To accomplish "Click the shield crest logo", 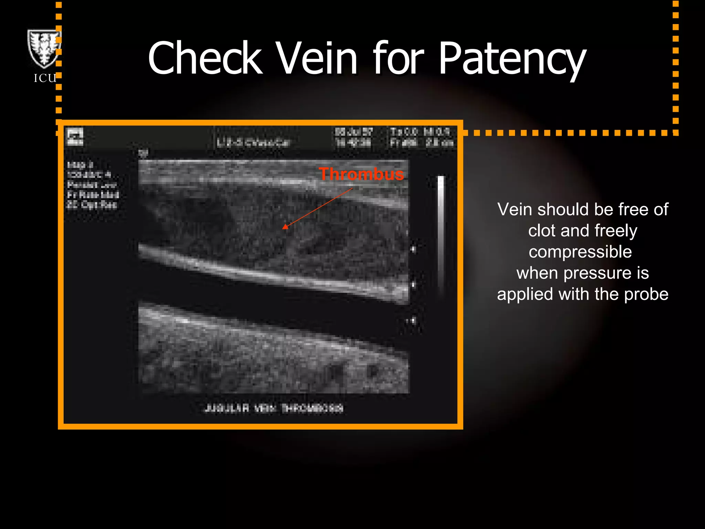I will point(44,48).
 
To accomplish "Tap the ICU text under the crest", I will point(45,78).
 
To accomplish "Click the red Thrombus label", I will point(361,174).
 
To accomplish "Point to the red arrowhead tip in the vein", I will point(284,227).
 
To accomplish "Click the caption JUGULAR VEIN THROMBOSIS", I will point(274,408).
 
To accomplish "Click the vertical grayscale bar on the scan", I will point(441,234).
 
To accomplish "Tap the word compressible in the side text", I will point(580,252).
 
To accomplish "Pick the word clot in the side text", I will point(541,231).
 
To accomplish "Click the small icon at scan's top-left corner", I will point(75,137).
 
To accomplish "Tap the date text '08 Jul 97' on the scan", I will point(354,132).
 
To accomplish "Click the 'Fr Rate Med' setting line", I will point(93,195).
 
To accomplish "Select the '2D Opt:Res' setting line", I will point(92,205).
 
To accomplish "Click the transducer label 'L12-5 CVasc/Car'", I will point(253,143).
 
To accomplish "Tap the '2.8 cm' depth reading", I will point(440,143).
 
